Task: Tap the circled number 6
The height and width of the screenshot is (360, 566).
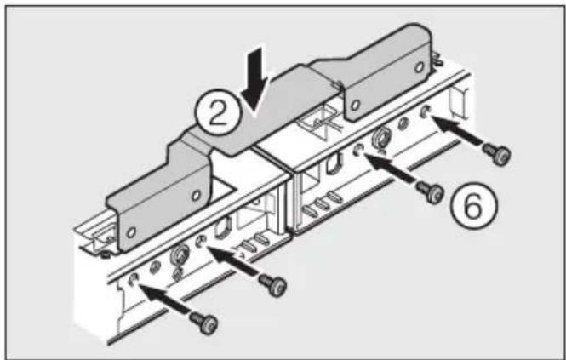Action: (471, 204)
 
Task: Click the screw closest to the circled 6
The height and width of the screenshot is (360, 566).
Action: (433, 193)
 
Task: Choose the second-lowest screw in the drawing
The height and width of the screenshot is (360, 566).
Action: (273, 287)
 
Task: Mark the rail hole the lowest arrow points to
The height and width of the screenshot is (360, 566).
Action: (134, 279)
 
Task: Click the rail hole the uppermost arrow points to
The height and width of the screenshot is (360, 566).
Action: (426, 111)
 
